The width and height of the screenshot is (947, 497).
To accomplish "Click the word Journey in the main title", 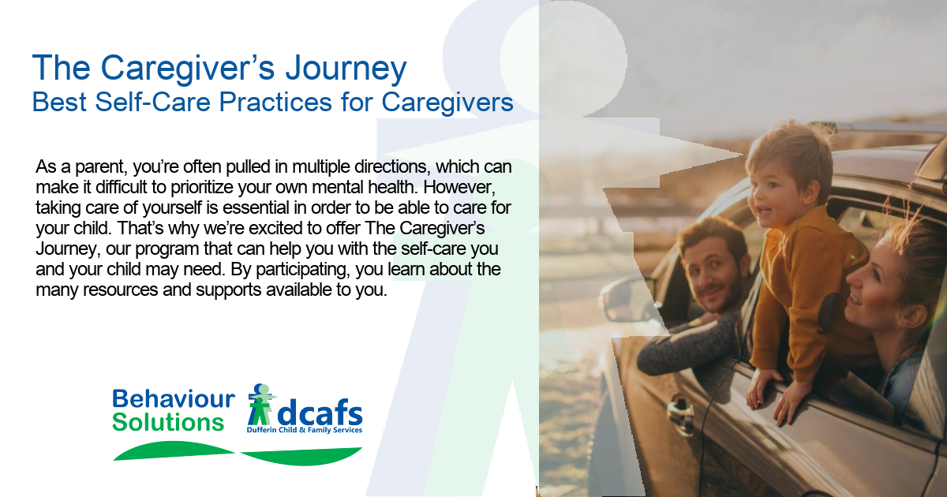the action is [346, 69].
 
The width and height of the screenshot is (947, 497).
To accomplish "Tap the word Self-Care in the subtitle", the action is [152, 102].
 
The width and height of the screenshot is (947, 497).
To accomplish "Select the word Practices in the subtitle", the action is [275, 102].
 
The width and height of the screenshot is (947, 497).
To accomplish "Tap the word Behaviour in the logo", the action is [174, 399].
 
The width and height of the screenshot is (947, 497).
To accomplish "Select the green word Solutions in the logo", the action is [168, 423].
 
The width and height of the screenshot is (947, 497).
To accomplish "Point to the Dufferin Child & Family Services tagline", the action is [305, 430].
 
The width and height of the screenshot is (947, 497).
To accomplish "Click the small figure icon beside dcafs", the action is [261, 405].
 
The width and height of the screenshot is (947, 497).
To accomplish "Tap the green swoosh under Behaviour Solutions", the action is [174, 450].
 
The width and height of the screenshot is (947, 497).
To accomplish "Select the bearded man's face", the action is [713, 275].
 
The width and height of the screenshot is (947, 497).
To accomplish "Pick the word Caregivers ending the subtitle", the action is [447, 103].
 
